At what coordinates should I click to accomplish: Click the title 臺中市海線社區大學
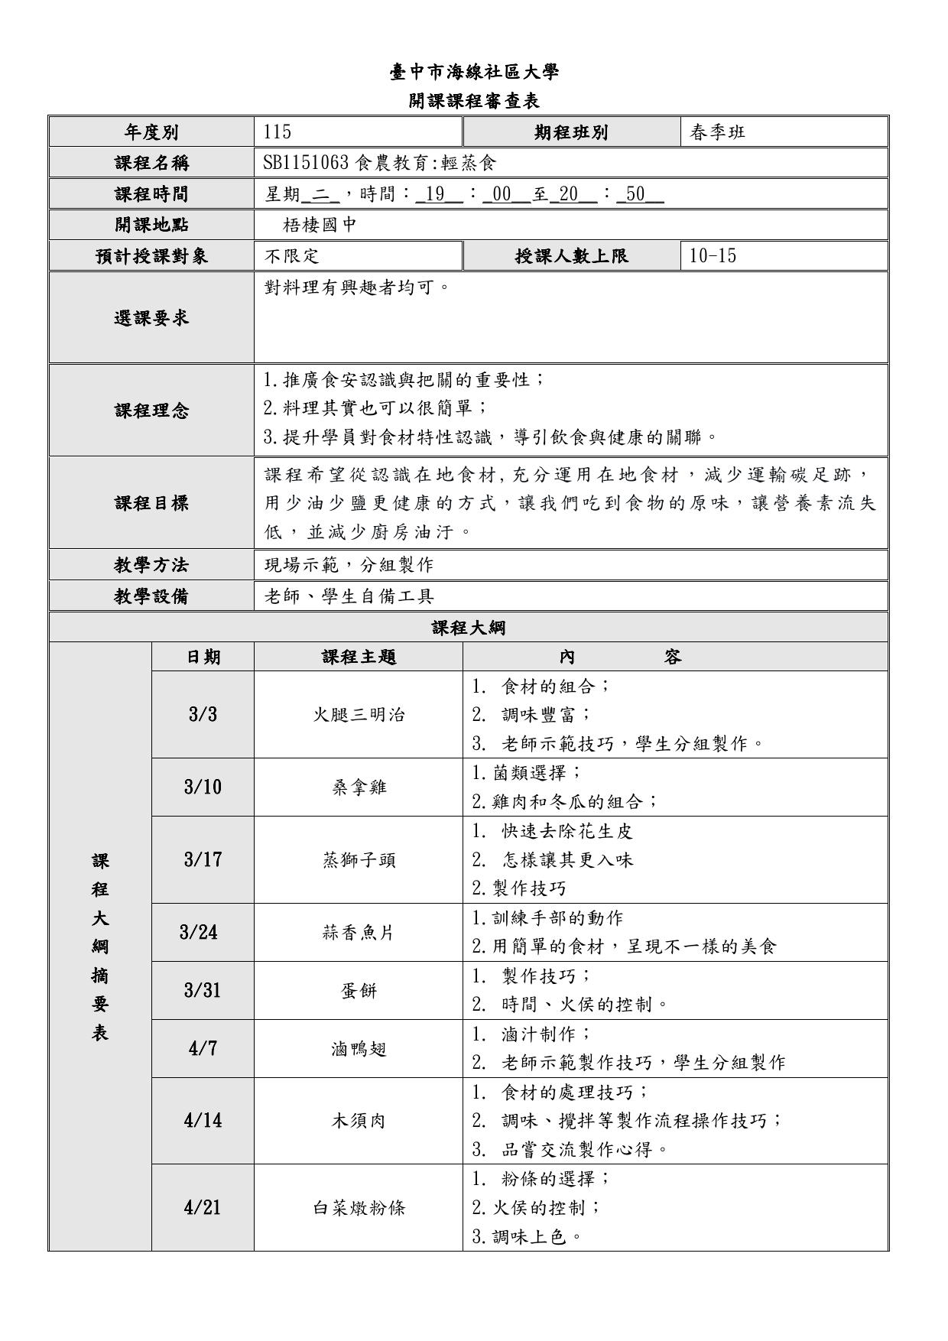pos(474,72)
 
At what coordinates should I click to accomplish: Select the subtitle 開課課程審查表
pos(474,101)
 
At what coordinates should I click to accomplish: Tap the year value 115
pos(277,132)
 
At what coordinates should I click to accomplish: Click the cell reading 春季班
pos(717,132)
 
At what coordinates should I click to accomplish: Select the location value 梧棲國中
pos(320,225)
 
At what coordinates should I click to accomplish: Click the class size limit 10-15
pos(713,256)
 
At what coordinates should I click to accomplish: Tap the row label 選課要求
pos(151,318)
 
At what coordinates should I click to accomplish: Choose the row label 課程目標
pos(151,503)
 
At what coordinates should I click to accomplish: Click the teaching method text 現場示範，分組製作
pos(349,565)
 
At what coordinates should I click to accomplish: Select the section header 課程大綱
pos(468,628)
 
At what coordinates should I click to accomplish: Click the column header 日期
pos(203,657)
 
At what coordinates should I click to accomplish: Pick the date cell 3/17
pos(203,860)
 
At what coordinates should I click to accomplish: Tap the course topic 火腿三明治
pos(359,715)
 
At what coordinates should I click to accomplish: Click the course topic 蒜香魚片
pos(359,933)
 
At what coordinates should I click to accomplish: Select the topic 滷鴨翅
pos(359,1049)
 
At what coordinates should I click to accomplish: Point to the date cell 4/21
pos(203,1208)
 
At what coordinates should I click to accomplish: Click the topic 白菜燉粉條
pos(359,1208)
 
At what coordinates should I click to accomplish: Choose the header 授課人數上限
pos(572,256)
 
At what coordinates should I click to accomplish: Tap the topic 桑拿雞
pos(359,787)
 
